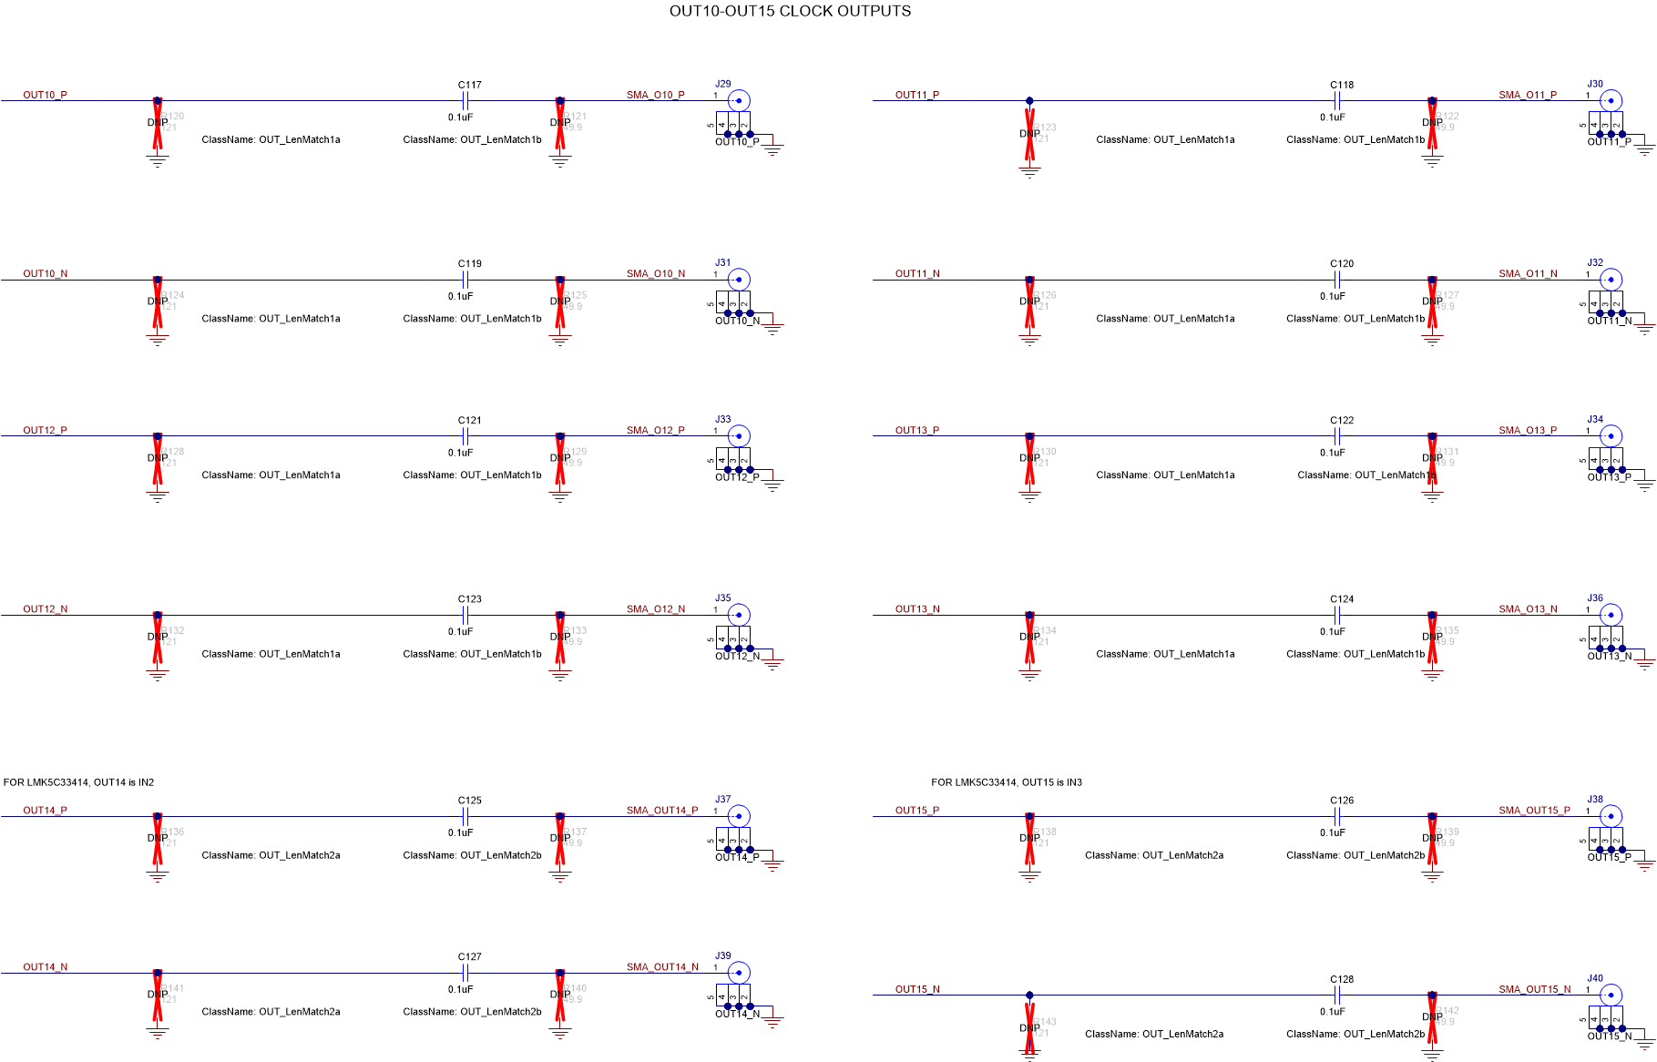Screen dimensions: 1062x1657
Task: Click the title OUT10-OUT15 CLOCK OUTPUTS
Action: (x=790, y=11)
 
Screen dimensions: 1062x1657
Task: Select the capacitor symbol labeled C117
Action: (x=465, y=101)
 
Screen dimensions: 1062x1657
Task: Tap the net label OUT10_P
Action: (x=45, y=95)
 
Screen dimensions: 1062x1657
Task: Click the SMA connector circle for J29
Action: (x=739, y=100)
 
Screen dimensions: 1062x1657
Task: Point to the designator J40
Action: (x=1595, y=978)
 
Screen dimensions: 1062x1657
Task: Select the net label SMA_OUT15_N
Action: (x=1535, y=989)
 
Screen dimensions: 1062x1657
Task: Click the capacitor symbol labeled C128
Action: (x=1337, y=996)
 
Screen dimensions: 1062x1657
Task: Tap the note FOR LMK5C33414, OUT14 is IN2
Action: (x=79, y=782)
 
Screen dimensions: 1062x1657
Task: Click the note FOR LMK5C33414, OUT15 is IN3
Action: (x=1007, y=782)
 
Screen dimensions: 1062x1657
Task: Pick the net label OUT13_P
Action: (x=917, y=430)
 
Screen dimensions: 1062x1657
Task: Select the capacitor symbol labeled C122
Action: (x=1337, y=436)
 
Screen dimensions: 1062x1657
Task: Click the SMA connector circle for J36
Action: (x=1611, y=615)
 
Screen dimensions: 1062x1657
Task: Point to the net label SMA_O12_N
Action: (x=656, y=609)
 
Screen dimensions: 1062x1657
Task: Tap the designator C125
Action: (x=470, y=801)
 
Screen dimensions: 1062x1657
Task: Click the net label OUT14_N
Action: (x=46, y=967)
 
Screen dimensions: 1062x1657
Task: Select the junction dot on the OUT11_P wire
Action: (x=1029, y=101)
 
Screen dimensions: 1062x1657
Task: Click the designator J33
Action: (x=723, y=420)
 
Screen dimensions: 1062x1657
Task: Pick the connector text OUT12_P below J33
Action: (x=737, y=477)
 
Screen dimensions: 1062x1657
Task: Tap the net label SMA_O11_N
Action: (x=1528, y=273)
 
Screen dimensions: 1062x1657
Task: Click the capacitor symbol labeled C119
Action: (x=465, y=280)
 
